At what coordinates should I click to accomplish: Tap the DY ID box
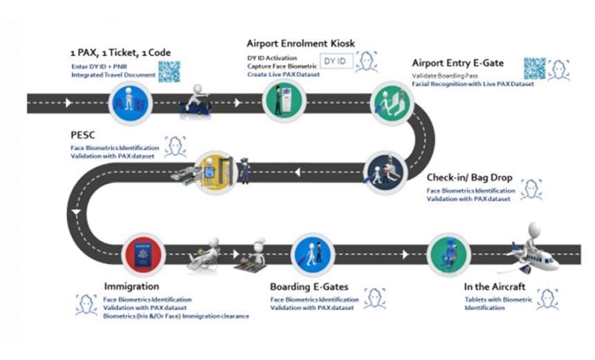pos(338,62)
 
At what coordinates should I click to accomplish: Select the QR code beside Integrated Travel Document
pos(169,71)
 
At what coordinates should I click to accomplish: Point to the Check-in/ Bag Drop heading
pos(463,177)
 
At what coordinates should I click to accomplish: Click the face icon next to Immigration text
pos(86,304)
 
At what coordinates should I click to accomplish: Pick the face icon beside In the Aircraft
pos(547,299)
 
